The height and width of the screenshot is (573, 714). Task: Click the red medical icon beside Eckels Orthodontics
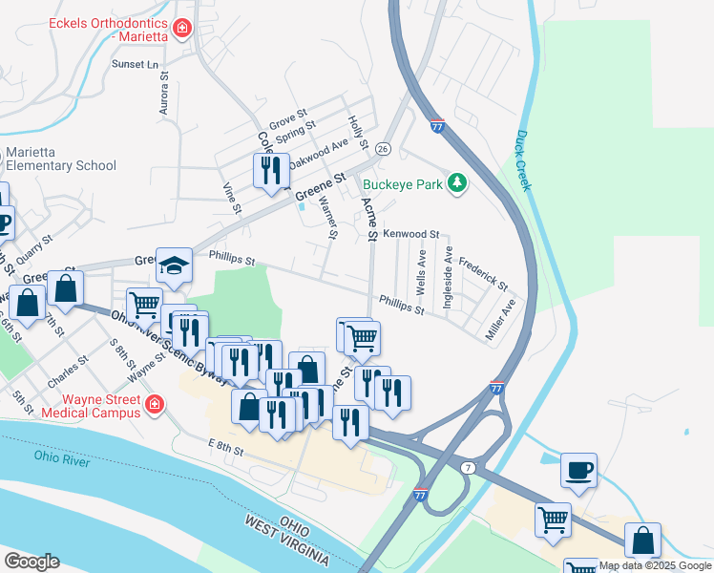(181, 34)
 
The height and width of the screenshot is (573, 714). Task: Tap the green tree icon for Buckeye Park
(457, 182)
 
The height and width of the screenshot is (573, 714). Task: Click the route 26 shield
(382, 149)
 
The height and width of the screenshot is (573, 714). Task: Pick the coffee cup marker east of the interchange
(578, 470)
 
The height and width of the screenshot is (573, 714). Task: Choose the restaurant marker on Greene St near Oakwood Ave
(271, 170)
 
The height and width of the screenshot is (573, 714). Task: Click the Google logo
(31, 562)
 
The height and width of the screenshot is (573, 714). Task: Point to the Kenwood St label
(410, 234)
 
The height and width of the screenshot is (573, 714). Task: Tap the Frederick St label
(483, 274)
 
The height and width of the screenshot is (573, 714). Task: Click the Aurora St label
(164, 93)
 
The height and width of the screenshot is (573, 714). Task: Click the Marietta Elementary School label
(61, 159)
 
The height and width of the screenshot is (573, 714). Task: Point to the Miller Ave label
(503, 311)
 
